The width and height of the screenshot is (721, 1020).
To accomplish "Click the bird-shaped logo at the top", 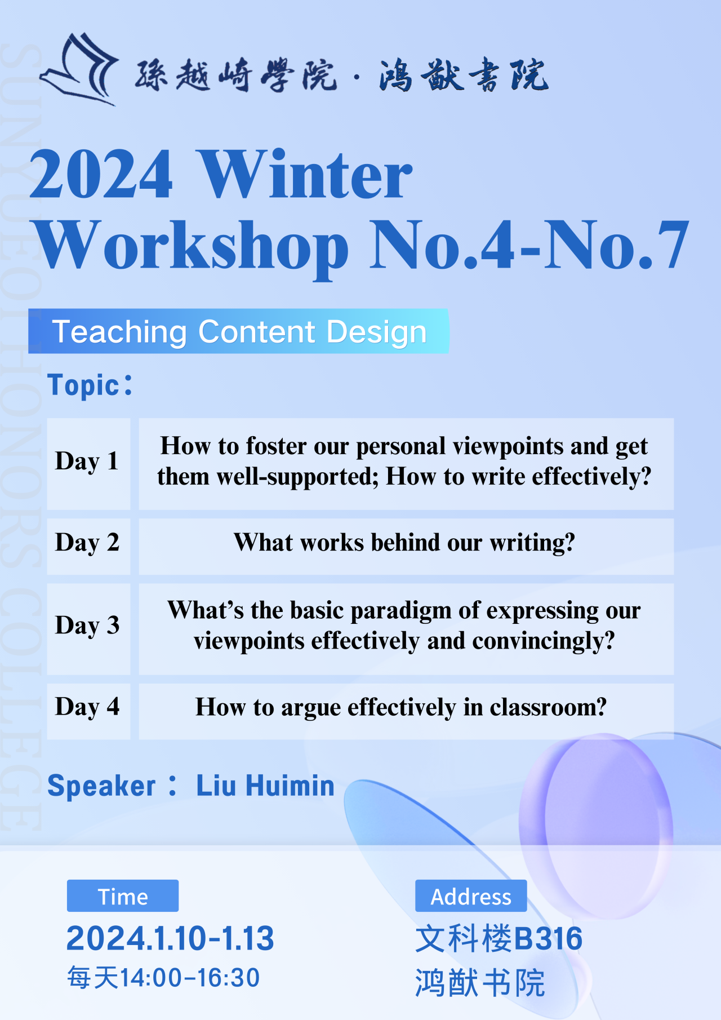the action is pyautogui.click(x=79, y=69).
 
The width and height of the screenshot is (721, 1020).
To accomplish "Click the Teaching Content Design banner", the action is pyautogui.click(x=238, y=331).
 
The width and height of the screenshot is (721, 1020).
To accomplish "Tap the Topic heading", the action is pyautogui.click(x=90, y=385).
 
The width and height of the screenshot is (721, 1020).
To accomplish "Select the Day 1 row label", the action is pyautogui.click(x=87, y=462).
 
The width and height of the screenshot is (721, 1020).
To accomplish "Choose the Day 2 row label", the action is pyautogui.click(x=87, y=543).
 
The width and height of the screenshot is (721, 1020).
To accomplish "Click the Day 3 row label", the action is pyautogui.click(x=87, y=626).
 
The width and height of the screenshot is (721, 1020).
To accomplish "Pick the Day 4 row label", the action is pyautogui.click(x=87, y=707).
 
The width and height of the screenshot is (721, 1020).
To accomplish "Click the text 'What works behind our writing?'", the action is pyautogui.click(x=404, y=543).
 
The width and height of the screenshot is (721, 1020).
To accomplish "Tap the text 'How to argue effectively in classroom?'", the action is pyautogui.click(x=401, y=708).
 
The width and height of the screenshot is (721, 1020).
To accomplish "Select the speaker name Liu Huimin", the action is pyautogui.click(x=265, y=786).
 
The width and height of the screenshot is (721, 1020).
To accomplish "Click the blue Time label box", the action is pyautogui.click(x=123, y=895).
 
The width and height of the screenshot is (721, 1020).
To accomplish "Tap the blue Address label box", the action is pyautogui.click(x=471, y=895).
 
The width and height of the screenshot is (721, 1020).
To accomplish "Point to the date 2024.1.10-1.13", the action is pyautogui.click(x=170, y=938).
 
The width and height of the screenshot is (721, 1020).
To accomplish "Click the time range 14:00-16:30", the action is pyautogui.click(x=190, y=978).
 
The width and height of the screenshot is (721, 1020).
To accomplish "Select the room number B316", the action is pyautogui.click(x=548, y=938).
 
